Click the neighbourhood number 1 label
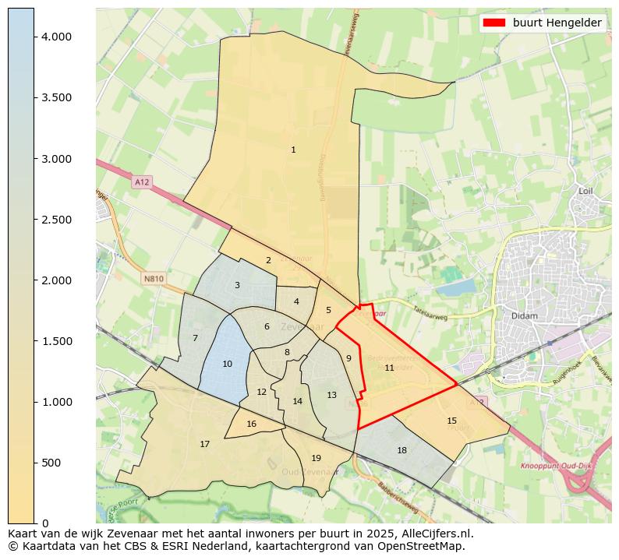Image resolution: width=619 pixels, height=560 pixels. [x=293, y=150]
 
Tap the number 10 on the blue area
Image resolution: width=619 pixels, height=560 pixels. [x=227, y=364]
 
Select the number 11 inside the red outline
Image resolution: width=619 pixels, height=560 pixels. [x=389, y=368]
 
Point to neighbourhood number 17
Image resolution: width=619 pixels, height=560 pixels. [x=204, y=444]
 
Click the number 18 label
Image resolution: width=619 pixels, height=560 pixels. [x=401, y=450]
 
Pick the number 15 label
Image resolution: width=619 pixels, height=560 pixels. [x=451, y=421]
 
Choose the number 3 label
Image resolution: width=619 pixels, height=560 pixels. [x=237, y=285]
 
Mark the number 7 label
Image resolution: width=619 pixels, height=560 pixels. [x=195, y=338]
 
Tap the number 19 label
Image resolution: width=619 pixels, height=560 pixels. [x=316, y=458]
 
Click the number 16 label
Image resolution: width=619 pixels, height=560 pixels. [x=251, y=424]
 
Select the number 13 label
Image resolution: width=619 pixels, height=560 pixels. [x=331, y=395]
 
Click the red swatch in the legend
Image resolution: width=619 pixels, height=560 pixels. [x=494, y=23]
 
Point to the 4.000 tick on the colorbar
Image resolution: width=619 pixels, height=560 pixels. [x=57, y=37]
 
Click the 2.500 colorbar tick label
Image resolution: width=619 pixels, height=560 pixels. [x=57, y=220]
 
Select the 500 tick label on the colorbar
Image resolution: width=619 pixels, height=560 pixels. [x=50, y=463]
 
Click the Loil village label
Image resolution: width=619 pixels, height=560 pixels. [x=586, y=190]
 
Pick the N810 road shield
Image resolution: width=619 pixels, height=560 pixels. [x=154, y=278]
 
